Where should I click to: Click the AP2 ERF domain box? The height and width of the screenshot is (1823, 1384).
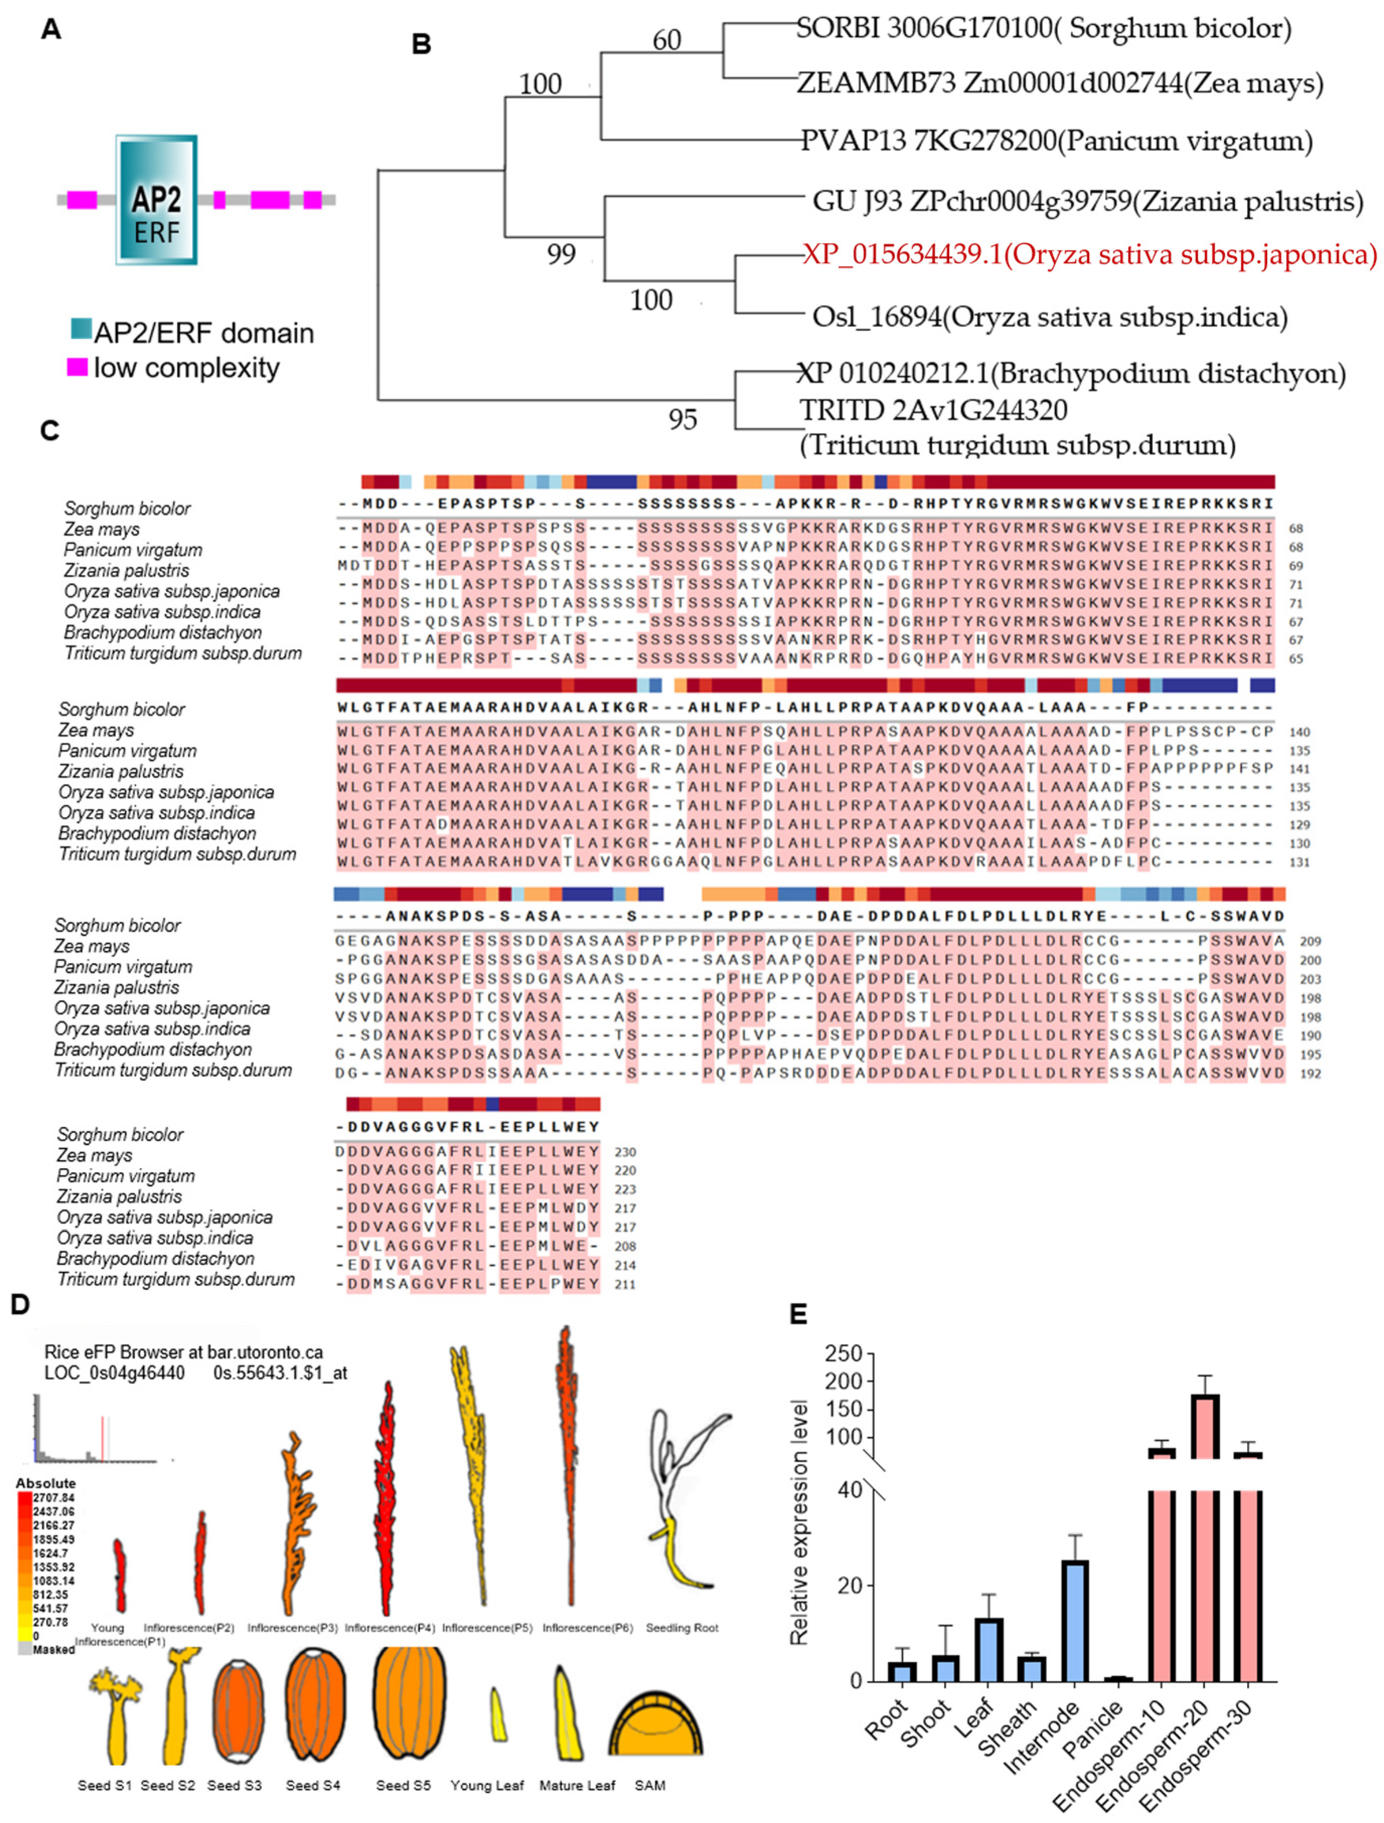click(156, 200)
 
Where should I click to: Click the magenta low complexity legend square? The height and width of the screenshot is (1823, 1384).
click(76, 367)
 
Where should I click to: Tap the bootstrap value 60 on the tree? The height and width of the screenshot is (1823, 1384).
click(667, 40)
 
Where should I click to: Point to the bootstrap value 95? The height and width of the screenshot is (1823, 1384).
click(683, 419)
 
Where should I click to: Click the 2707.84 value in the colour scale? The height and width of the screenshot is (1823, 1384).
click(54, 1498)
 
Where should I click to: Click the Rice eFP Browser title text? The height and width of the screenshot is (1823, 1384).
click(183, 1352)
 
